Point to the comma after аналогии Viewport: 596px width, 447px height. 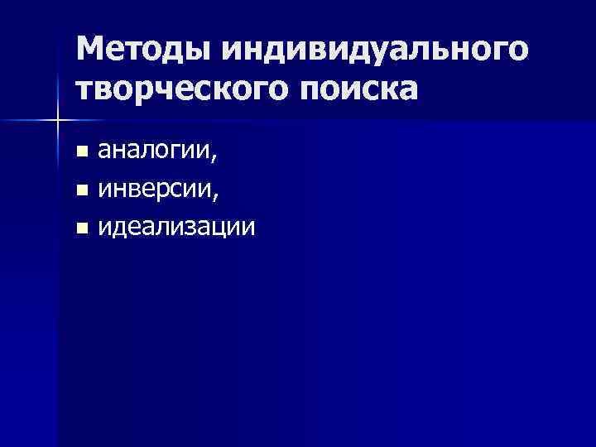[x=217, y=158]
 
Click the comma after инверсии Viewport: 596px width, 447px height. [x=217, y=196]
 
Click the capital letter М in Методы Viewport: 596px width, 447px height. [x=90, y=50]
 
